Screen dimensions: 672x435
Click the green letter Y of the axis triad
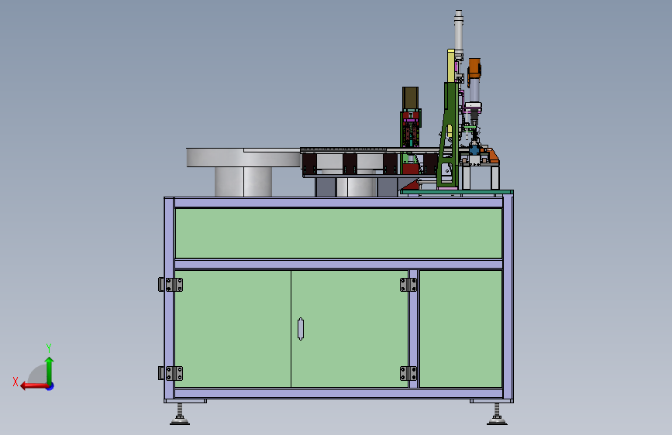(x=49, y=348)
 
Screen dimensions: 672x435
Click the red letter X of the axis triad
(x=16, y=382)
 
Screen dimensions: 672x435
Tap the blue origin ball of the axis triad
(x=50, y=386)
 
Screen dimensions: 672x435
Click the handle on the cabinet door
(x=301, y=329)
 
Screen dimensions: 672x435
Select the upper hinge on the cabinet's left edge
(x=171, y=285)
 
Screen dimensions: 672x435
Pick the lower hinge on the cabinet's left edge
(x=171, y=373)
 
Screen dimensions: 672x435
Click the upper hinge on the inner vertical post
(x=408, y=285)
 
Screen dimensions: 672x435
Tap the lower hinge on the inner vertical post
(x=408, y=373)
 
